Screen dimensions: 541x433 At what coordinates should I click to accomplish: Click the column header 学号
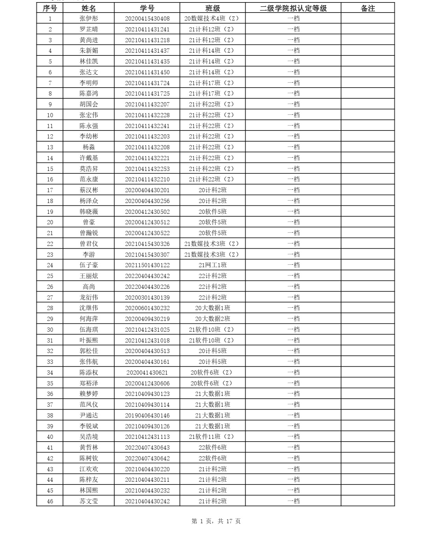pos(147,8)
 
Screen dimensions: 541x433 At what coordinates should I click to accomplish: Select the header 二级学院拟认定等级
pos(293,8)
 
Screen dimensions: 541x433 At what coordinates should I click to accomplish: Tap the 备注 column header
pos(367,8)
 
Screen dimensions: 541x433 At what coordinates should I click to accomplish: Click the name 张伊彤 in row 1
pos(89,18)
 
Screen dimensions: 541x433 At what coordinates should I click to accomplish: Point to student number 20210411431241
pos(147,29)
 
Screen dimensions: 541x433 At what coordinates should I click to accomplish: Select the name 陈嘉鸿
pos(89,93)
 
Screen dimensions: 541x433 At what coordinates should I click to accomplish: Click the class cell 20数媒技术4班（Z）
pos(212,18)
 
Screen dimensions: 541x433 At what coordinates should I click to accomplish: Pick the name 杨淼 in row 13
pos(89,147)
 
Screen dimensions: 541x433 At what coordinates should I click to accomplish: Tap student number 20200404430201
pos(147,190)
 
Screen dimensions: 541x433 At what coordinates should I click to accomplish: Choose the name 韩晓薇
pos(89,212)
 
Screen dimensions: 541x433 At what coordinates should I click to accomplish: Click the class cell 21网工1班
pos(212,265)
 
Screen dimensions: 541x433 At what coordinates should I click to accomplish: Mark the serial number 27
pos(50,298)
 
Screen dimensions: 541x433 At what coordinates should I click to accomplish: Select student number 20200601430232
pos(147,308)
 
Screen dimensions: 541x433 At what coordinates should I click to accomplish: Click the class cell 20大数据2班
pos(212,319)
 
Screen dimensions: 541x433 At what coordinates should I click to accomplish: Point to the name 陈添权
pos(89,373)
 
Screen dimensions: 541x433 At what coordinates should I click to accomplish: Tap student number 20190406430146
pos(147,415)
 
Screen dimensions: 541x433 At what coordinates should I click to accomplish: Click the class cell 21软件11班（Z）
pos(212,437)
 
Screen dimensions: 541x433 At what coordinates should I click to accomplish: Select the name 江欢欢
pos(89,469)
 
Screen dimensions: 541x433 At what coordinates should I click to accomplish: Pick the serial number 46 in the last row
pos(50,501)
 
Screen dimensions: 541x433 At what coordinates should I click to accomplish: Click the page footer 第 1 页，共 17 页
pos(216,521)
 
